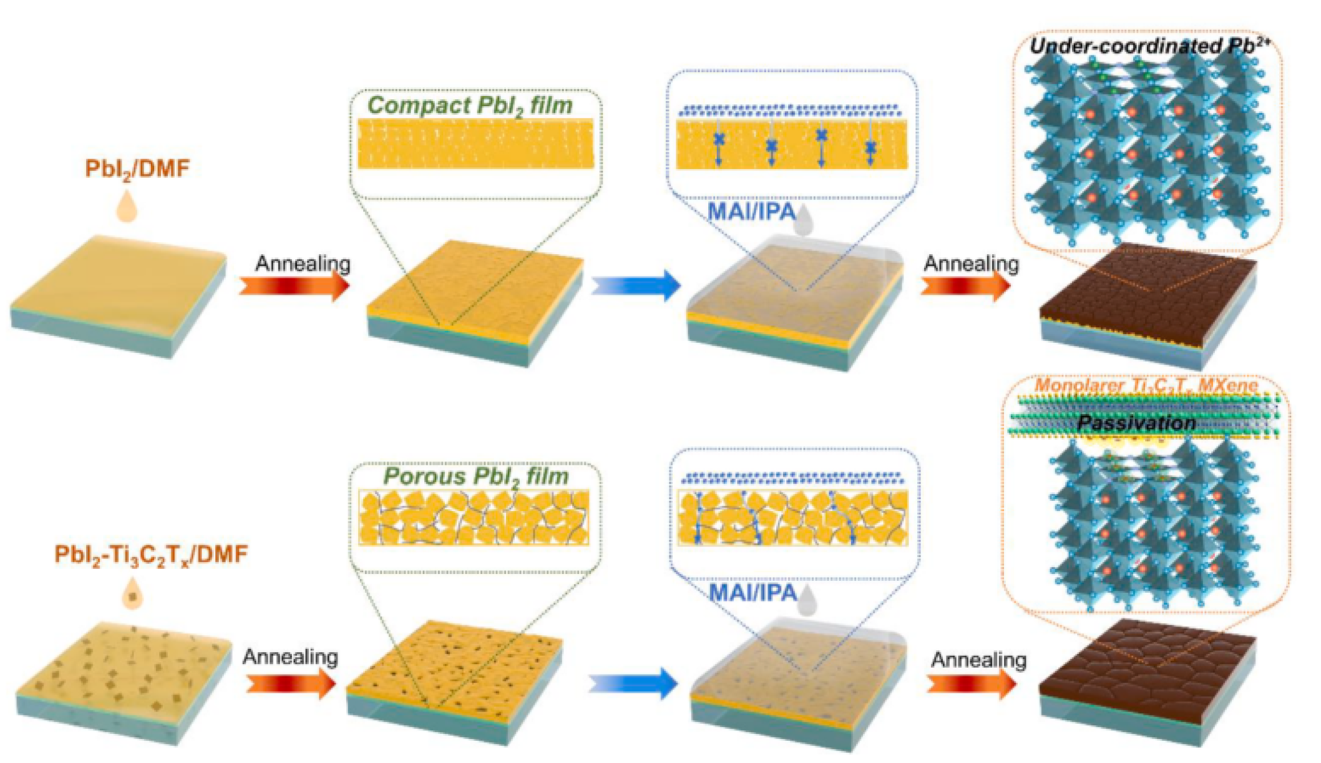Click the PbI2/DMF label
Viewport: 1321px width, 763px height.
coord(137,168)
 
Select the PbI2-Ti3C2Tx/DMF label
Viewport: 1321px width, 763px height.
coord(151,555)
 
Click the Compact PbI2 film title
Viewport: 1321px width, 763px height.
coord(469,106)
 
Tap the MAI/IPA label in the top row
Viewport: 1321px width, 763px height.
coord(751,212)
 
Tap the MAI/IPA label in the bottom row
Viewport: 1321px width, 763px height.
coord(753,592)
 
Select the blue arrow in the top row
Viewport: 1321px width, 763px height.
coord(637,284)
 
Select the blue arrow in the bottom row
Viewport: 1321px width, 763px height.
coord(634,682)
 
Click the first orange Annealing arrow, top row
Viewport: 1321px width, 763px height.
coord(294,285)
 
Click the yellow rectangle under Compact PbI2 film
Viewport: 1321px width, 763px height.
coord(475,143)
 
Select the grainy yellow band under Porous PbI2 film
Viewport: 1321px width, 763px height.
coord(474,517)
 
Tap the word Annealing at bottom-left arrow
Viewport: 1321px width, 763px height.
coord(290,657)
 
